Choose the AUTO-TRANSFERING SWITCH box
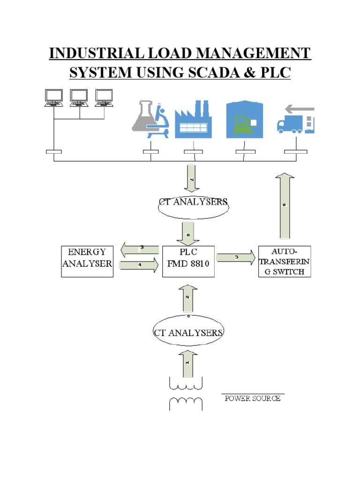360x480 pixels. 285,261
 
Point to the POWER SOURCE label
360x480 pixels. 253,398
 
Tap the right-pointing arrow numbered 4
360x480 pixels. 140,266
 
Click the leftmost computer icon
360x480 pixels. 54,97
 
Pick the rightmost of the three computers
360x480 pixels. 104,97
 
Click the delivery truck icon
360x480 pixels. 296,121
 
